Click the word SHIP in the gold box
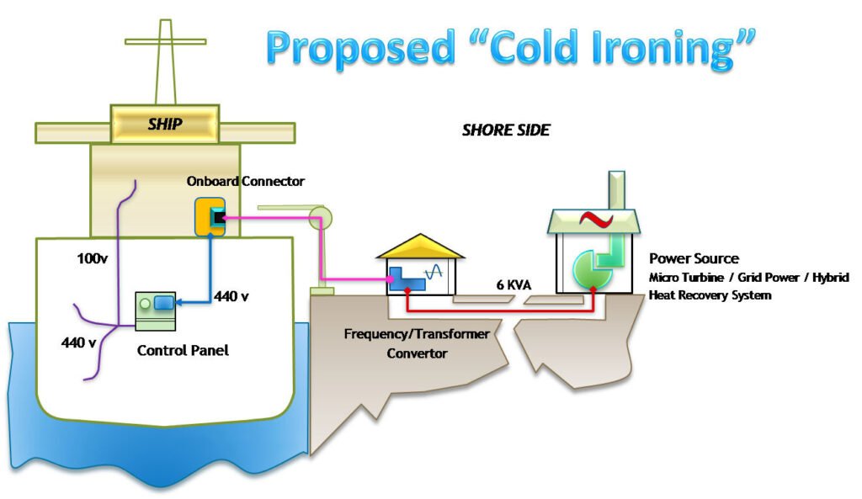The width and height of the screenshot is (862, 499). [x=165, y=125]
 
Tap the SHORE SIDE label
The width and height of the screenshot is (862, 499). [x=505, y=130]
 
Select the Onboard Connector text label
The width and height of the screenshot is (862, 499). [x=246, y=181]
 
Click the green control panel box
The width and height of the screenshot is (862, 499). [x=157, y=311]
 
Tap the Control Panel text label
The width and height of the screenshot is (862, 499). [x=182, y=350]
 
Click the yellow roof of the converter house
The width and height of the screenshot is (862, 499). [x=419, y=246]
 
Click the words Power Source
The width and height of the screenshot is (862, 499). [x=694, y=258]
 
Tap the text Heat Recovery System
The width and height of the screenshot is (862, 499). [x=710, y=295]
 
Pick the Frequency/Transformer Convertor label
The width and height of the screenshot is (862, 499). [x=417, y=343]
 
